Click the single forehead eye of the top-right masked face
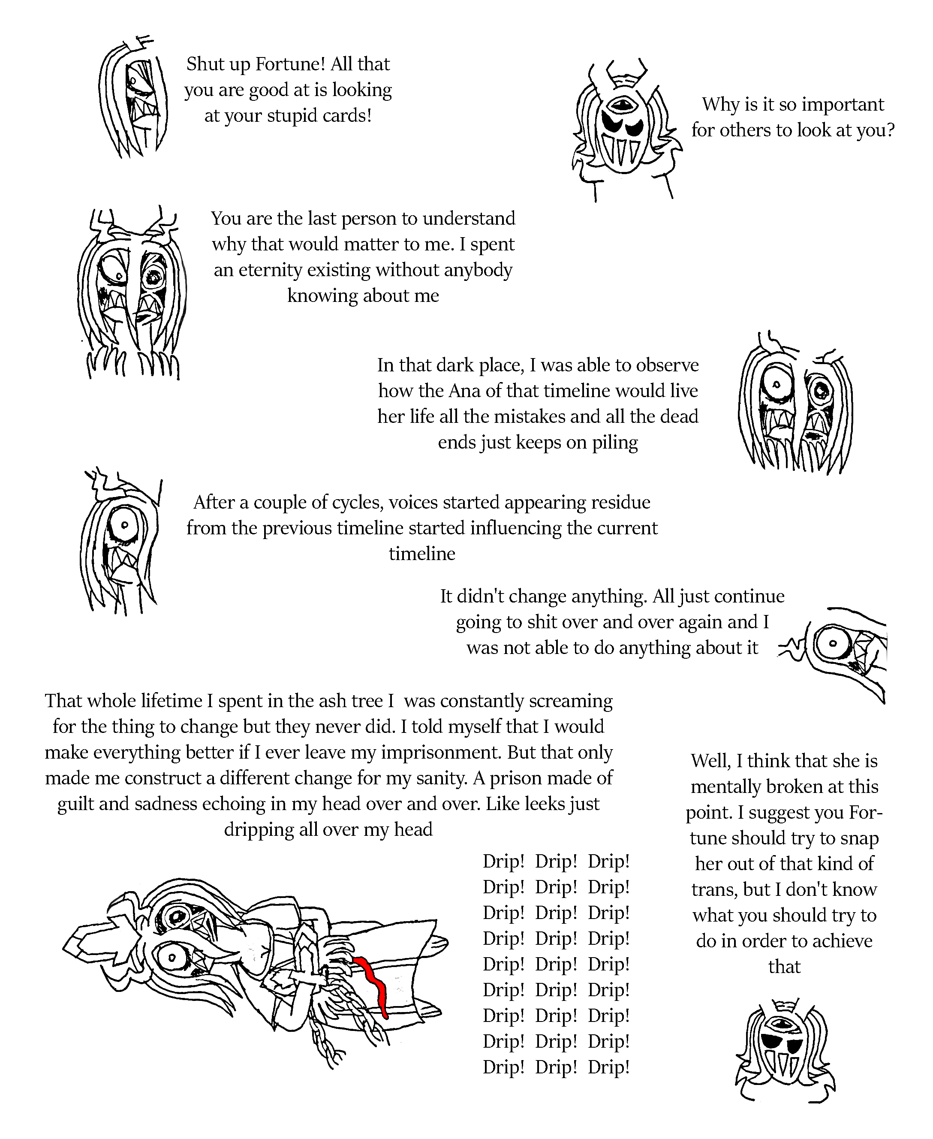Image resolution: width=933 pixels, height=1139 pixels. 623,104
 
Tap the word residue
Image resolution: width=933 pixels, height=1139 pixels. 620,503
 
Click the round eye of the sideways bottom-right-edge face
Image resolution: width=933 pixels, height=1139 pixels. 831,643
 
